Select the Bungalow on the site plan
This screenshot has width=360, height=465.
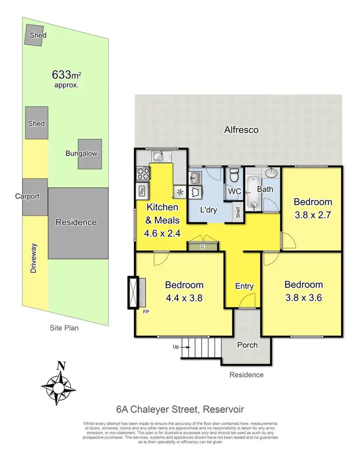point(90,154)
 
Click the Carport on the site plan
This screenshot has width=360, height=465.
point(35,196)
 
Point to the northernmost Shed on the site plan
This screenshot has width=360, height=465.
point(35,36)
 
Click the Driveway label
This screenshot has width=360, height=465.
point(33,259)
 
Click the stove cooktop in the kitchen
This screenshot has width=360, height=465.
point(143,172)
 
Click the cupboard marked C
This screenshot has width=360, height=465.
point(203,246)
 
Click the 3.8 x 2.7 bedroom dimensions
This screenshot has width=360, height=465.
point(313,215)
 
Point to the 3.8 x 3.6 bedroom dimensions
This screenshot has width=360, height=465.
point(303,297)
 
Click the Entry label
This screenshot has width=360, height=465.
point(244,286)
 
